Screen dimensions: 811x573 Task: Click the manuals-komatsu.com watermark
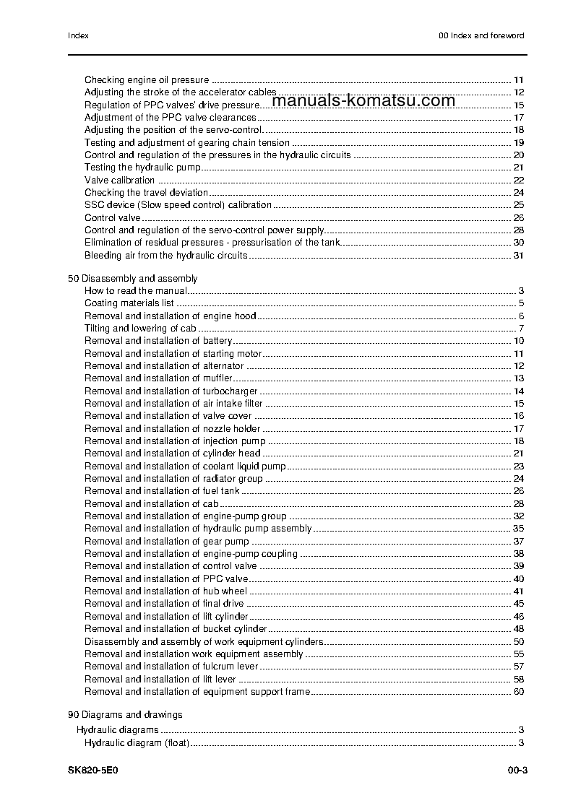coord(365,101)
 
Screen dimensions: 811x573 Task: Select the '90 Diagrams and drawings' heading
coord(125,715)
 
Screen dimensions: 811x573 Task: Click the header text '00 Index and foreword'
coord(481,35)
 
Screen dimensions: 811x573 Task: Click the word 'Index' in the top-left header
coord(78,35)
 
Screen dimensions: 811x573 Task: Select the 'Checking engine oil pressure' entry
coord(147,80)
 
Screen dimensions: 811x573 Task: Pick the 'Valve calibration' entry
coord(120,181)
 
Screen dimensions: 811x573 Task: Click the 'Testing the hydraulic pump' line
coord(142,168)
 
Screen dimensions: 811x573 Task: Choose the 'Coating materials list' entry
coord(129,303)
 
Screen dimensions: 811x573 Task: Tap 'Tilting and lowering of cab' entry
coord(140,329)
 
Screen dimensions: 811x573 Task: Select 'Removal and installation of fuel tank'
coord(163,491)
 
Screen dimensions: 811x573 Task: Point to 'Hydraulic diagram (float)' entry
coord(137,743)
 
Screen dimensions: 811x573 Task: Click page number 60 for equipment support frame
coord(518,692)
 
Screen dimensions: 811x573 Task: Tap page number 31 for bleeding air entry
coord(518,256)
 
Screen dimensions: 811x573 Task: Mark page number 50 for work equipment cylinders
coord(518,642)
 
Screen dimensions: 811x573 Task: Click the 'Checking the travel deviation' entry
coord(147,193)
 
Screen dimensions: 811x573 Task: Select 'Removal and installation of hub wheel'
coord(165,591)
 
